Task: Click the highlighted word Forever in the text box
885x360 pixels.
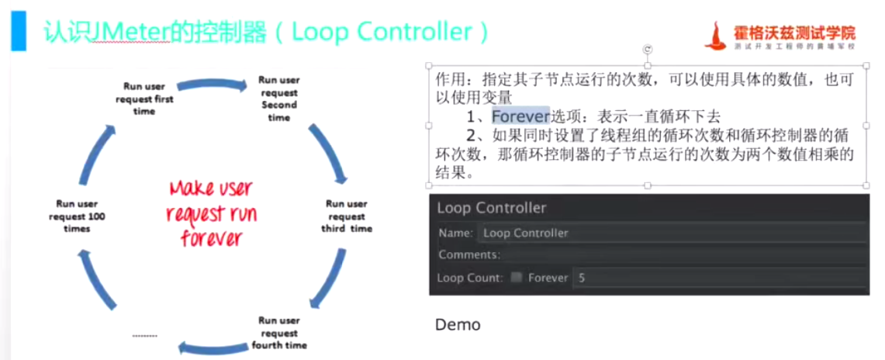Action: (520, 116)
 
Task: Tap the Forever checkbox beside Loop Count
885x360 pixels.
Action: (517, 277)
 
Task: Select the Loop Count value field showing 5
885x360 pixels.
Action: (717, 277)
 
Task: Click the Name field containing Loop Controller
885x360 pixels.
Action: (671, 233)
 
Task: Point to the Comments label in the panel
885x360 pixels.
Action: (468, 254)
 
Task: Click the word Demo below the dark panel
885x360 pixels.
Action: (458, 324)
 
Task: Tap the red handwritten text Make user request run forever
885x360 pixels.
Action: (210, 213)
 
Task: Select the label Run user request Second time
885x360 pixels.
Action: (278, 99)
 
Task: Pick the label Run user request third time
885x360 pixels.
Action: (347, 216)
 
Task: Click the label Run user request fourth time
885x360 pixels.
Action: (279, 332)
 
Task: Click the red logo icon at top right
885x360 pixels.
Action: (719, 35)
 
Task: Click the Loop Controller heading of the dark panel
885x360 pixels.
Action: (492, 208)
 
